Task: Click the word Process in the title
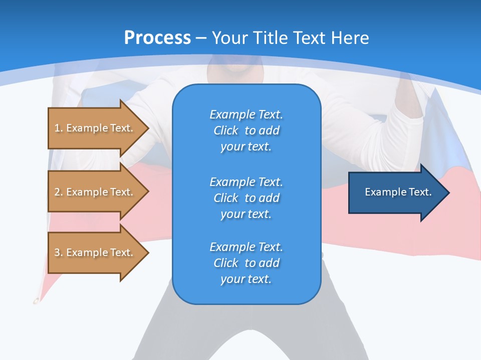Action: pos(157,38)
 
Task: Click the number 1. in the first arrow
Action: pos(59,128)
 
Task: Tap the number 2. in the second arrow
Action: pos(59,192)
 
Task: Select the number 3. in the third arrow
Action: pos(59,252)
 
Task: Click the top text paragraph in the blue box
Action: pos(246,130)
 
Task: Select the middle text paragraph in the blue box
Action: pos(246,198)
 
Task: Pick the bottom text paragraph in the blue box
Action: pos(246,263)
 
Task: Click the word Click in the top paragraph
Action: pos(226,130)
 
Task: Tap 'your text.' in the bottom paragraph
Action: pos(246,279)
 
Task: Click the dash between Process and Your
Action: pos(201,38)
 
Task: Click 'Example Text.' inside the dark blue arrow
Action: pos(398,192)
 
